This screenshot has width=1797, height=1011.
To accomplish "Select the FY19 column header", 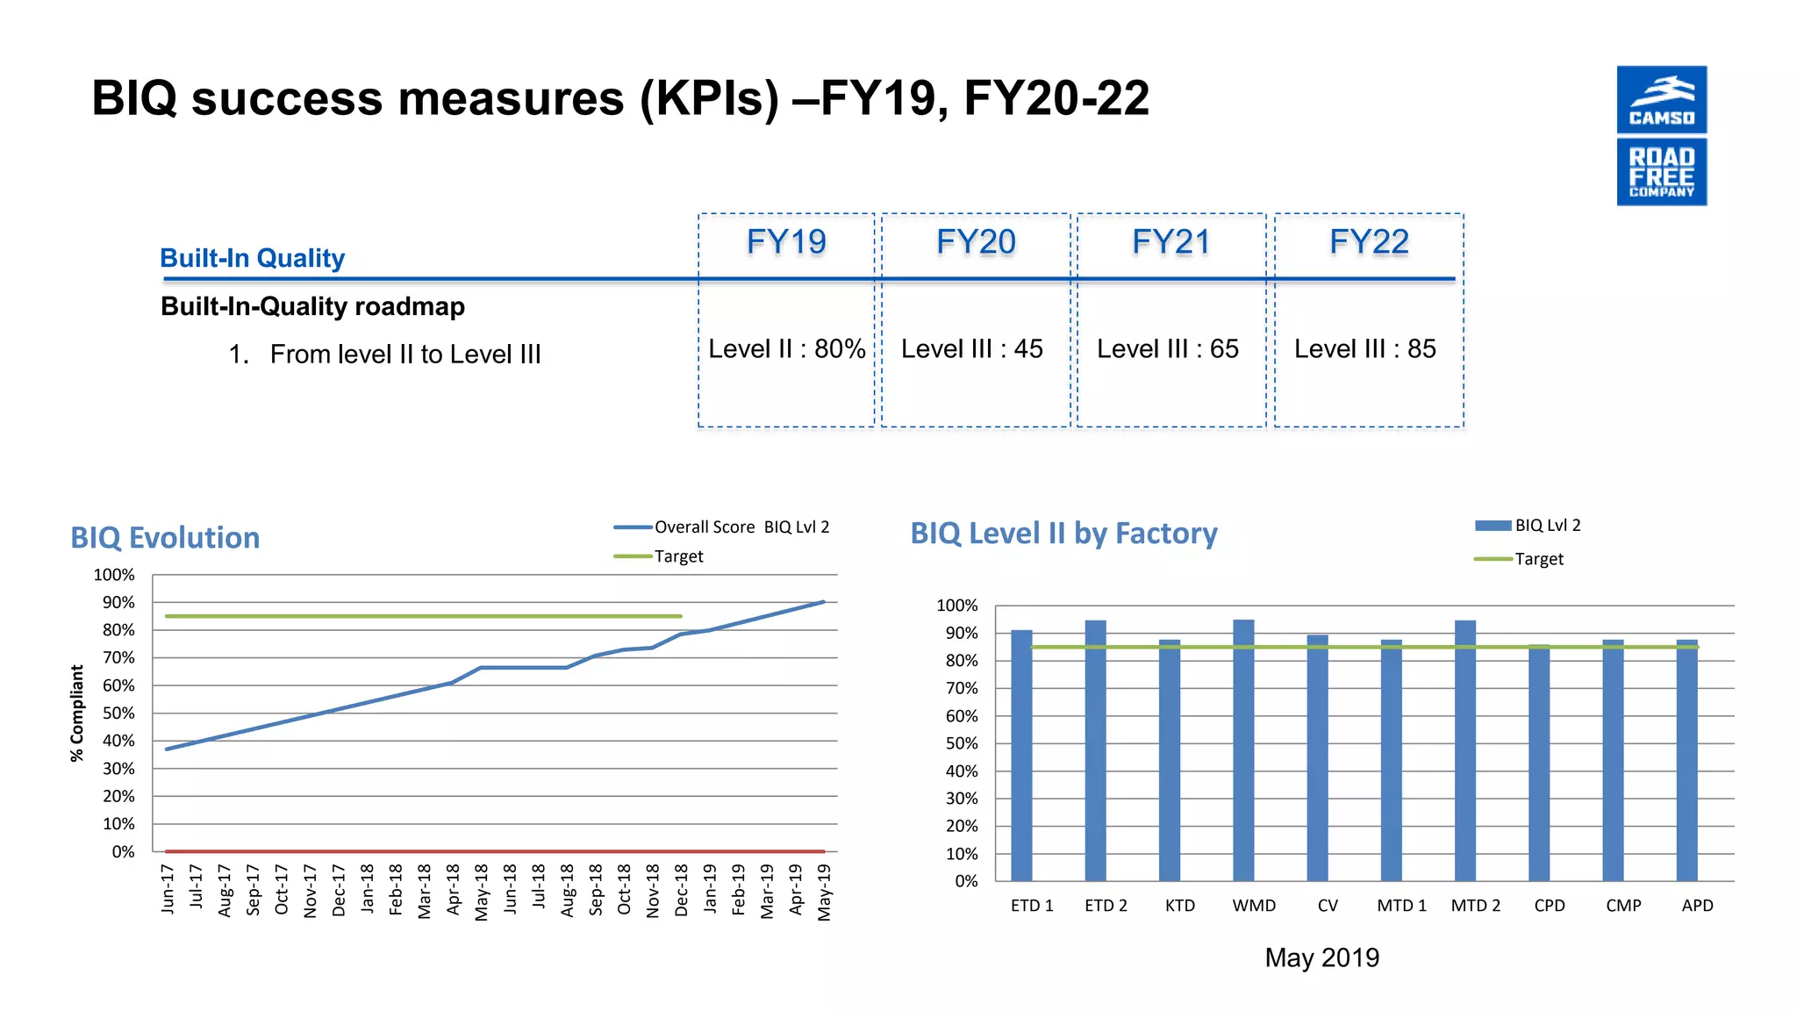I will [x=786, y=241].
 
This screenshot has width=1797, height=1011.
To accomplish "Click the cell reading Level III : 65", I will [x=1167, y=348].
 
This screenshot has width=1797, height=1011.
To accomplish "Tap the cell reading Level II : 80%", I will [x=786, y=348].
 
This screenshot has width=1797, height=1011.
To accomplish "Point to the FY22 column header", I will [x=1368, y=241].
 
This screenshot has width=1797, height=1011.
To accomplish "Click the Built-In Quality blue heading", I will [x=252, y=258].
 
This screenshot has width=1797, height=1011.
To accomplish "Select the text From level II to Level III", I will [x=405, y=354].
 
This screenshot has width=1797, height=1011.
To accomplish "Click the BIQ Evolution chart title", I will [x=165, y=537].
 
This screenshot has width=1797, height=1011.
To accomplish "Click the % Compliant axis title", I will [x=77, y=713].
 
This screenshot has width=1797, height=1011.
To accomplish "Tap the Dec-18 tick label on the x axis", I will [x=682, y=890].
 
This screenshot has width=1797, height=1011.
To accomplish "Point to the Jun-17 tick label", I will [x=168, y=888].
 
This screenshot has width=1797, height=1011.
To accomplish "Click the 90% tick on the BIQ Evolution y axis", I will [x=118, y=602].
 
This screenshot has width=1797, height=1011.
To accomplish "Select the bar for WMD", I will [x=1242, y=750].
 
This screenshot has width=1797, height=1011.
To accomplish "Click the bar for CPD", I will [x=1538, y=764].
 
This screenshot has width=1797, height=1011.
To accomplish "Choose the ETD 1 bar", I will [x=1021, y=755].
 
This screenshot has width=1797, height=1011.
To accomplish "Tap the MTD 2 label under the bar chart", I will [x=1475, y=905].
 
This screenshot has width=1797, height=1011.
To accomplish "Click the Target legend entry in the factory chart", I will [x=1537, y=559].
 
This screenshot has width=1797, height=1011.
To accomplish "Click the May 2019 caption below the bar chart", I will [x=1321, y=957].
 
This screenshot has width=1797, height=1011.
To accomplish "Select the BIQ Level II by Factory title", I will [x=1063, y=533].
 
